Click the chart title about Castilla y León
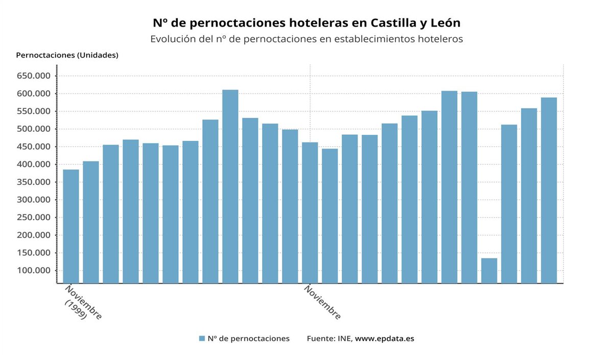306,23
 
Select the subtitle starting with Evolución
306,39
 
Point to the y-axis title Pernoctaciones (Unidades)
67,55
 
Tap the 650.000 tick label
34,76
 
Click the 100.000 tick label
34,271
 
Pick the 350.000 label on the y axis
34,182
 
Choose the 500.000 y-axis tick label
34,129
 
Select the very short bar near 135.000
489,270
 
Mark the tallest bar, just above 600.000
230,186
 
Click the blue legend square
202,339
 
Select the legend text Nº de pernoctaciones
248,339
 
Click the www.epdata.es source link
384,339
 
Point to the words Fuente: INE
329,339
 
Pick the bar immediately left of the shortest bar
469,187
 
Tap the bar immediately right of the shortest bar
509,204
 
